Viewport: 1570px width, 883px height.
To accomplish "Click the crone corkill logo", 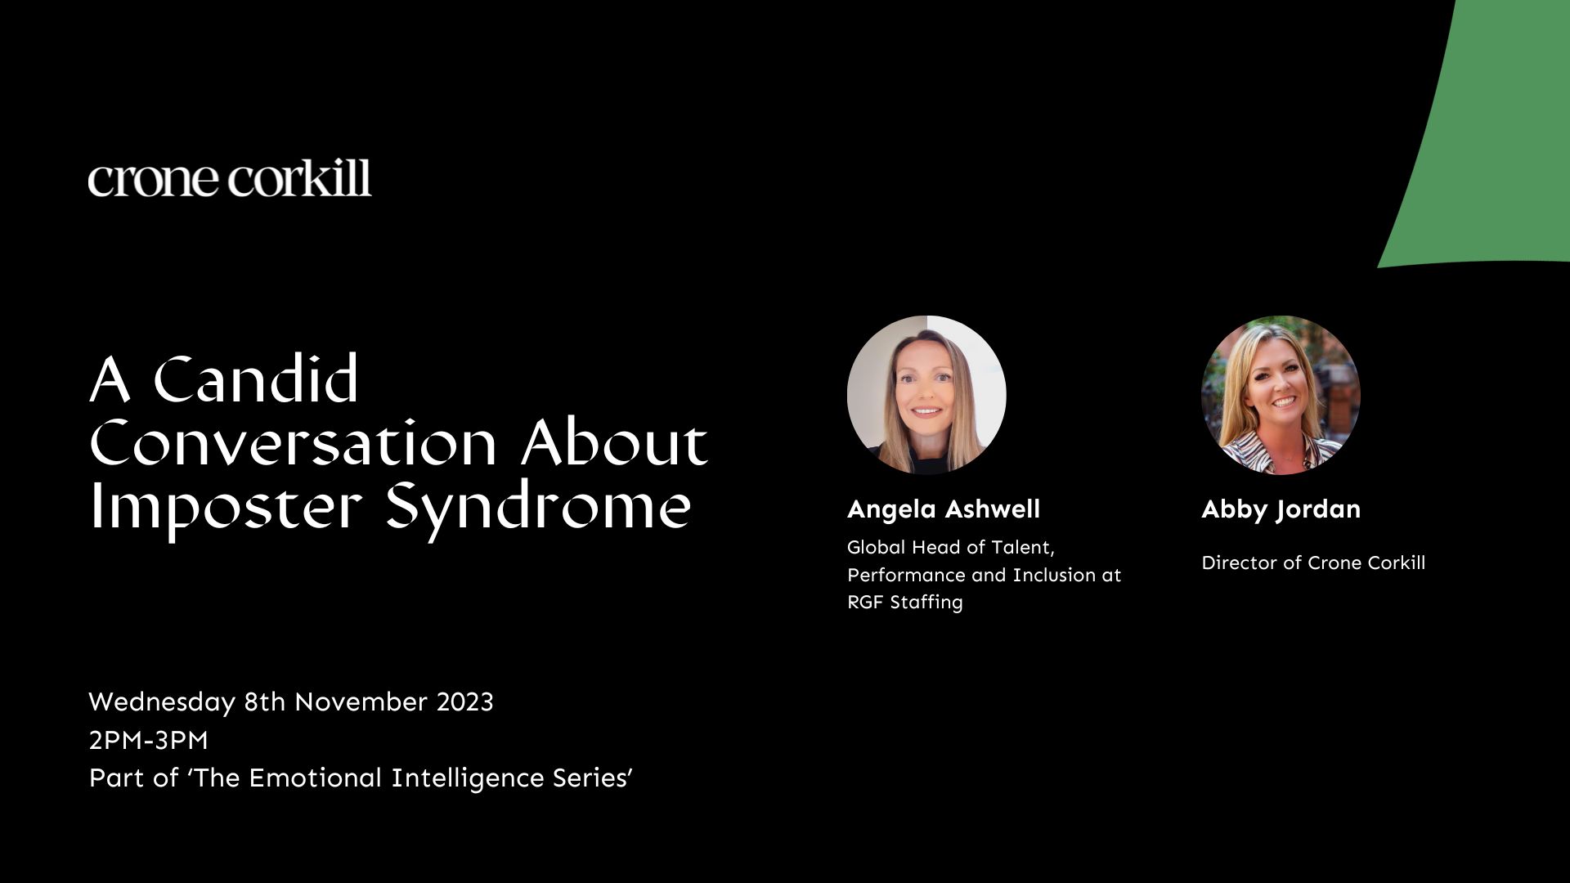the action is click(230, 178).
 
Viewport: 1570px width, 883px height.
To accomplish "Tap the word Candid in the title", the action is click(256, 379).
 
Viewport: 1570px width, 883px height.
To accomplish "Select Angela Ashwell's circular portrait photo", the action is click(926, 395).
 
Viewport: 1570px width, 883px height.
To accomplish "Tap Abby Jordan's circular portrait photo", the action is click(1281, 395).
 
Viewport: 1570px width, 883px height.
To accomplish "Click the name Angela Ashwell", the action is click(944, 509).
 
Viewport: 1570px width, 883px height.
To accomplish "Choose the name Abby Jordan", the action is click(1281, 509).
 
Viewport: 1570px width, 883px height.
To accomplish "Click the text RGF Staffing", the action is click(905, 603).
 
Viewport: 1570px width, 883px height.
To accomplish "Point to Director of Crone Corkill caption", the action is click(1313, 563).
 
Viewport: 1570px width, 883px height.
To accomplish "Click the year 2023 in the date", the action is click(464, 702).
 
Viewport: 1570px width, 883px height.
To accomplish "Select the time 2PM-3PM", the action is click(148, 741).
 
